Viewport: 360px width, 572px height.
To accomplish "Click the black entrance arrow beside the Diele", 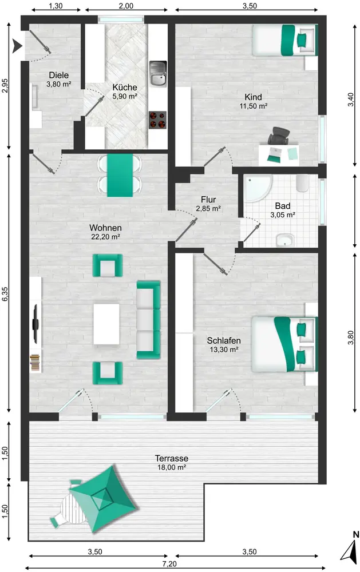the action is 17,46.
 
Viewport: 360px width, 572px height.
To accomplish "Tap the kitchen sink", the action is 158,74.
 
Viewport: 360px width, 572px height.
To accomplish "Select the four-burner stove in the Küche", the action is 157,120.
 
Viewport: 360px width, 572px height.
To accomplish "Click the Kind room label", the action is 253,97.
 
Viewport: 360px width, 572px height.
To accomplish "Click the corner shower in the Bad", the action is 258,188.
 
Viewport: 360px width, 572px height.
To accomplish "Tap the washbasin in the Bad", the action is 285,240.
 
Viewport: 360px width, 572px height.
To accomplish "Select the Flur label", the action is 208,200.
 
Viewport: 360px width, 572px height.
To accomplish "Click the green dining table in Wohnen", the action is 120,175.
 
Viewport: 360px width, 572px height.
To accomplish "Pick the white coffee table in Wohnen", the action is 106,324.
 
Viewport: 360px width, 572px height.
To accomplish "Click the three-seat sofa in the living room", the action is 148,320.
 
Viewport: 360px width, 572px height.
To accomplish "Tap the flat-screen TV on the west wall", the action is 35,324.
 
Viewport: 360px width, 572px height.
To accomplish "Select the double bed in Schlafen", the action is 284,344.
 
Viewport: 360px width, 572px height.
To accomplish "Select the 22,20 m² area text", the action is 105,237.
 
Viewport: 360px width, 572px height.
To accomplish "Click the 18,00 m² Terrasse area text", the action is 172,467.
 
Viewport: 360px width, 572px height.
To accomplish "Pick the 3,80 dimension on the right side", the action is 350,337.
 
